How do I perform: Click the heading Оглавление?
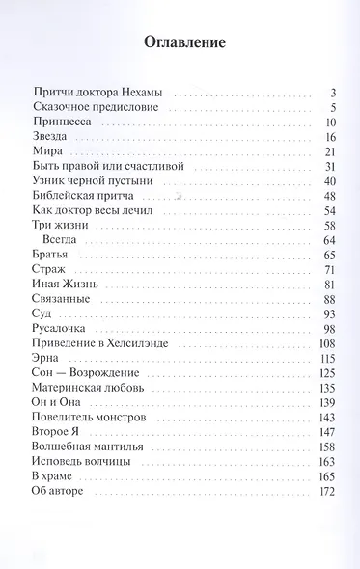point(184,42)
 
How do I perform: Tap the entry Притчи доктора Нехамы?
point(97,92)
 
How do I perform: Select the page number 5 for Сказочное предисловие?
point(331,107)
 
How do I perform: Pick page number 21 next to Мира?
point(328,152)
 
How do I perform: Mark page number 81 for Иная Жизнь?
point(328,284)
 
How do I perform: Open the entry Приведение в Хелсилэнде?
point(100,343)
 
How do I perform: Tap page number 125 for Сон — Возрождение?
point(326,372)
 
